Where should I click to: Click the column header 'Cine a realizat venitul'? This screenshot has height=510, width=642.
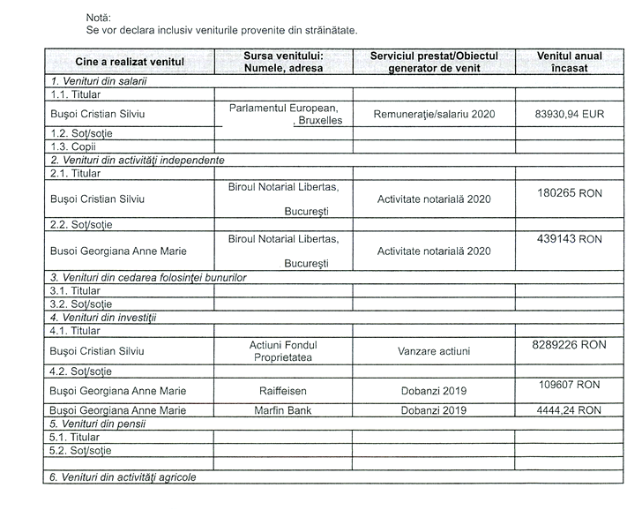(130, 62)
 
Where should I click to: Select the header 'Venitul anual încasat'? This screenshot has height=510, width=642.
(570, 62)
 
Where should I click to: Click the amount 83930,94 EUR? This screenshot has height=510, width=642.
(570, 114)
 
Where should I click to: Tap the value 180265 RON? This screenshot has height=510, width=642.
(570, 191)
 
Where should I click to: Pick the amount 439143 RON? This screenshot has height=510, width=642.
(570, 239)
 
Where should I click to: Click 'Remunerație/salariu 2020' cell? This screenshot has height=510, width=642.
(434, 114)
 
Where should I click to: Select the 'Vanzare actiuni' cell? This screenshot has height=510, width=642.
(434, 351)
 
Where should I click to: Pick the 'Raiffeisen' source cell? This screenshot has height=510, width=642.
(284, 390)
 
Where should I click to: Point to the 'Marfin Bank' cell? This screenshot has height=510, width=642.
(284, 410)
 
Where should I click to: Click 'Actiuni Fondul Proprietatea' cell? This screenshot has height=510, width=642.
(284, 351)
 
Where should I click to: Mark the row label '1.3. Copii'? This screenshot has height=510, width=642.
(73, 147)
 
